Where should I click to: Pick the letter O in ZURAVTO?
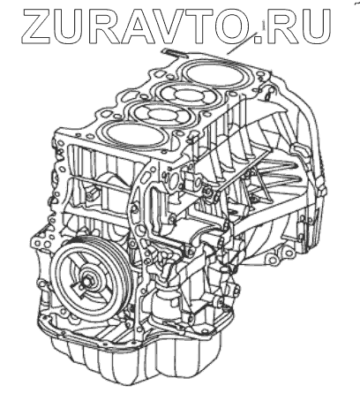(233, 26)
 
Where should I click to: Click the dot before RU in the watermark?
(258, 40)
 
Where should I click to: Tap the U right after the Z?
(69, 26)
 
